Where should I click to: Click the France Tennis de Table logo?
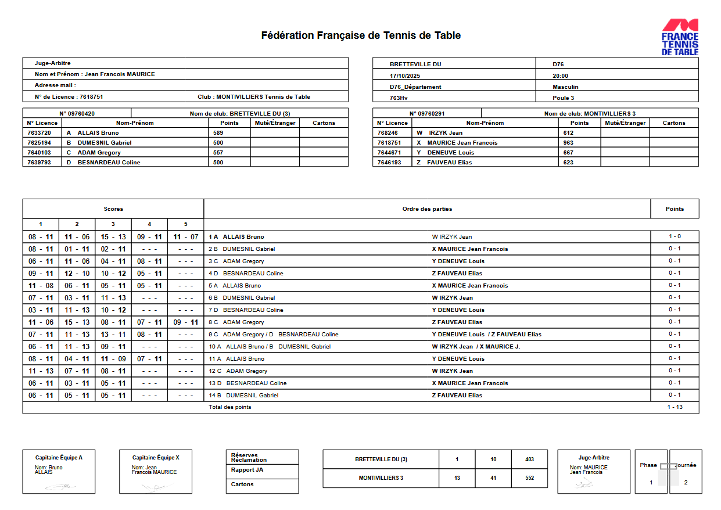pos(680,37)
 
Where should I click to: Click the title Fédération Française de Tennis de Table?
pos(361,35)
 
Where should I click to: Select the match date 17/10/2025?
pos(404,76)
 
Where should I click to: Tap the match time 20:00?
pos(561,76)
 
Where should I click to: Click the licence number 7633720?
pos(40,133)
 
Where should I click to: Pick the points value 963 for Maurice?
pos(568,143)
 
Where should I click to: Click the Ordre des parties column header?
pos(427,209)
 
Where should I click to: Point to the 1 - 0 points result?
pos(675,236)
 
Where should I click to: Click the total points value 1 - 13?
pos(675,407)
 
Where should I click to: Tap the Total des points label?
pos(230,407)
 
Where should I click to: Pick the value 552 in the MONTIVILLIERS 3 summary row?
pos(529,478)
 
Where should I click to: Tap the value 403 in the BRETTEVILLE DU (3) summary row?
pos(529,459)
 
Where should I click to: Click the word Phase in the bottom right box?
pos(648,465)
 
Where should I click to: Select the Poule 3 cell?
pos(563,98)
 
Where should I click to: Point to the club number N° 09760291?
pos(427,114)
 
